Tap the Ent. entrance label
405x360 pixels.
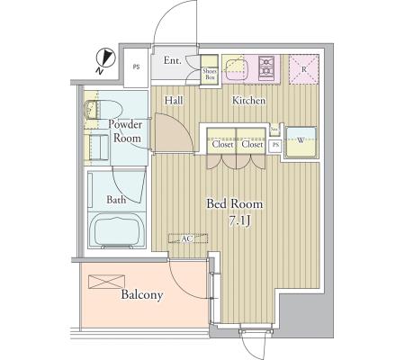173,61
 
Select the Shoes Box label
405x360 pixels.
210,75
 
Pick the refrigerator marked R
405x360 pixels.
303,68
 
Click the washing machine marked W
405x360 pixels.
301,140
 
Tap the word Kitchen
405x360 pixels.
248,101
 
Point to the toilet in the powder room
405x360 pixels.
94,111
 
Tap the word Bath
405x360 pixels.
116,199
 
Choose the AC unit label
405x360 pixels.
187,239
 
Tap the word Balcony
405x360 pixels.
141,294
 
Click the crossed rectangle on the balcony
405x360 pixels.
104,280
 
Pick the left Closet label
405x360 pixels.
222,145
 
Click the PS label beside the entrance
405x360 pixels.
137,66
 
